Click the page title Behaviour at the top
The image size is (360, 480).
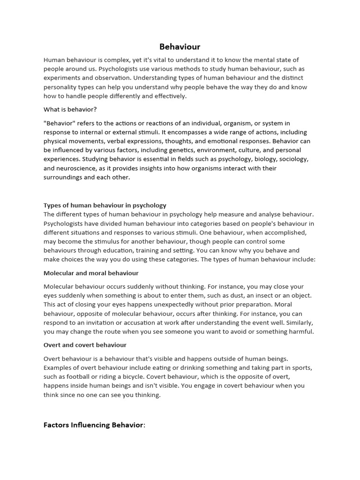[x=180, y=46]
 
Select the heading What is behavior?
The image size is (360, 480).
[x=70, y=109]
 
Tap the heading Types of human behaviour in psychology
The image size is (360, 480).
[x=105, y=205]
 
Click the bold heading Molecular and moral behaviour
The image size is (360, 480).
[x=91, y=273]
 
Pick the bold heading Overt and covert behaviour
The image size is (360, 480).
[x=85, y=345]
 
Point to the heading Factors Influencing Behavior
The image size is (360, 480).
[x=94, y=425]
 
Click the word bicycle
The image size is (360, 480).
[x=145, y=376]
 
